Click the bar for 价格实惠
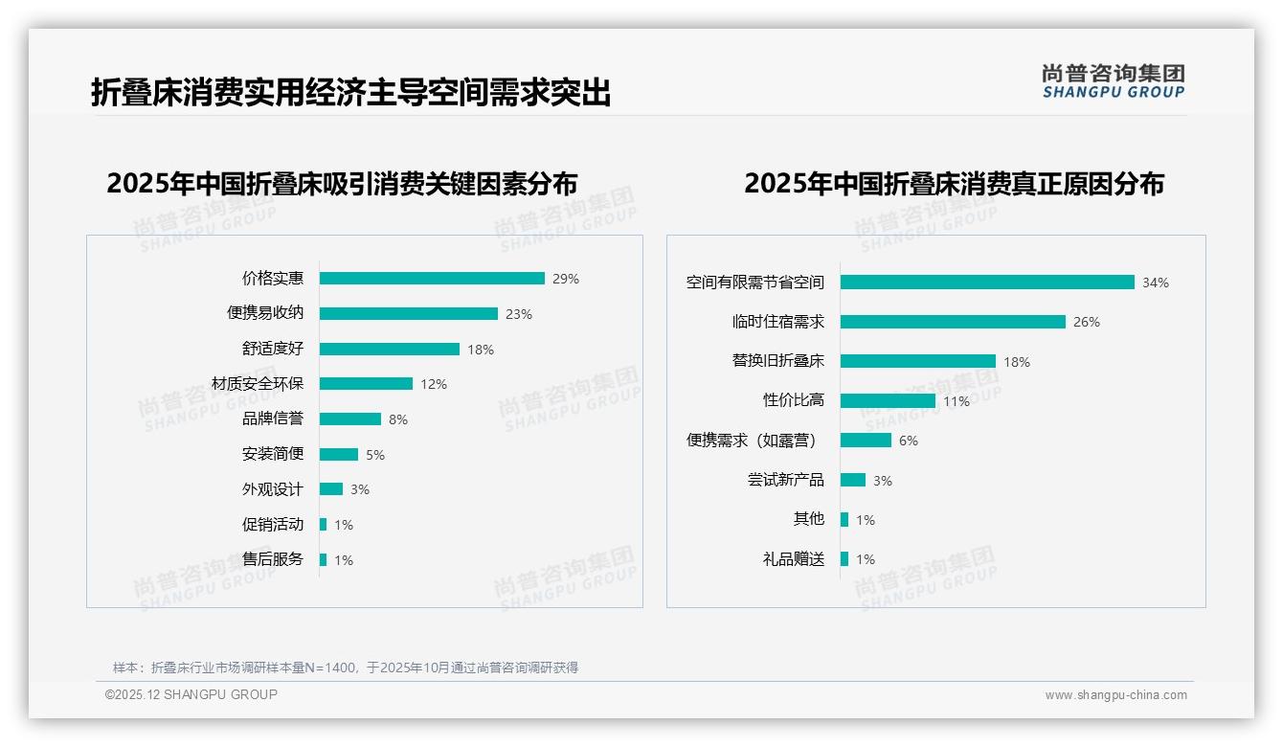tap(432, 279)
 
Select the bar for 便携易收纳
tap(409, 313)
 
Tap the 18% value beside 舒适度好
tap(481, 350)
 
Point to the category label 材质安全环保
tap(258, 384)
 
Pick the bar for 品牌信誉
tap(350, 419)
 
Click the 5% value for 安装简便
tap(375, 455)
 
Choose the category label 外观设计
tap(273, 489)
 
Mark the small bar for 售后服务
tap(324, 560)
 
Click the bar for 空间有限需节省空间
tap(987, 283)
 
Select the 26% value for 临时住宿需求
tap(1087, 323)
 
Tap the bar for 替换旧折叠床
tap(918, 361)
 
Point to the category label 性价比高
tap(794, 400)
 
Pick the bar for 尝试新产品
tap(853, 480)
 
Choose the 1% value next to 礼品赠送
tap(866, 559)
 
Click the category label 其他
tap(809, 519)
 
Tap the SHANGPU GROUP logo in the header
tap(1114, 81)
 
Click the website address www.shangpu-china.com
tap(1115, 695)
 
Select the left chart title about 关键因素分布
tap(343, 184)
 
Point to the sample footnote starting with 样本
tap(346, 668)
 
